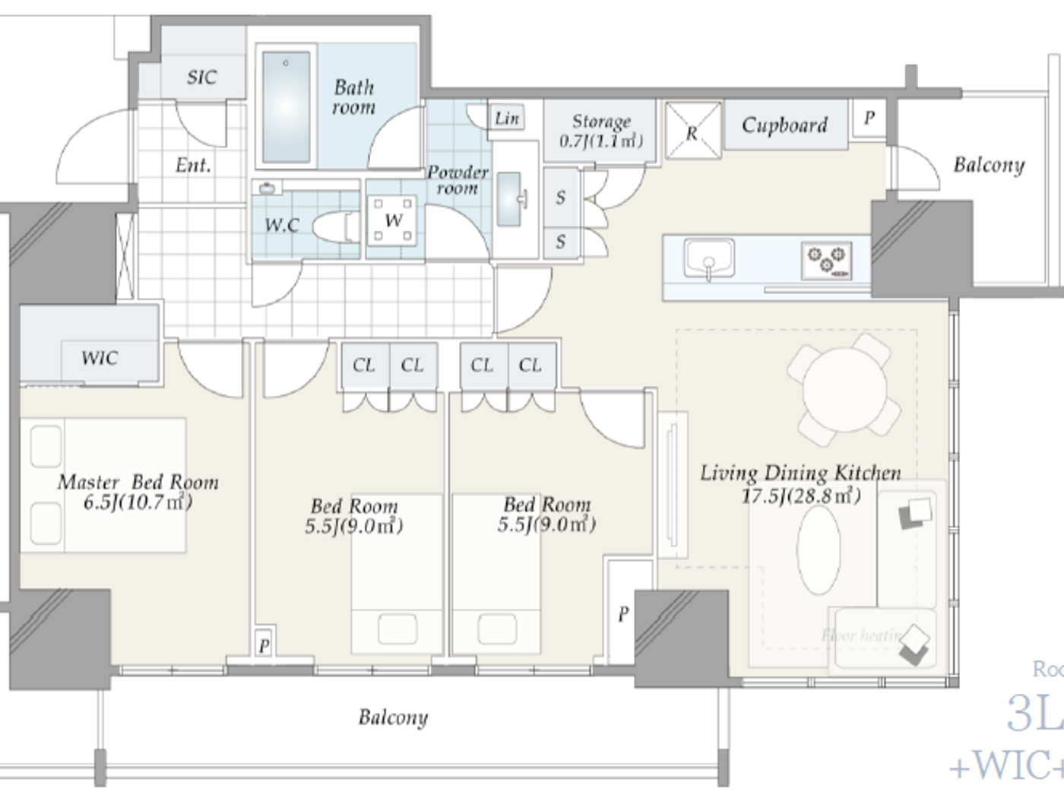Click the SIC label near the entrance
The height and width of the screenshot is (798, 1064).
coord(201,77)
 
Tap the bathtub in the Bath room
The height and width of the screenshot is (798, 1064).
coord(286,106)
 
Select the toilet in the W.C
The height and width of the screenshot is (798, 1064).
coord(337,226)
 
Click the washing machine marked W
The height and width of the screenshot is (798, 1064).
coord(393,220)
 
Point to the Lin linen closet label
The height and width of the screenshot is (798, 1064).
coord(507,118)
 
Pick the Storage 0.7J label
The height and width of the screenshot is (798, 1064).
coord(601,131)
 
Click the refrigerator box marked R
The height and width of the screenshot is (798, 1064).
coord(692,131)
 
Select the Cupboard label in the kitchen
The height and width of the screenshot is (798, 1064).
coord(784,125)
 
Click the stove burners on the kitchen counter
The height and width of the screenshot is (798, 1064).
coord(827,259)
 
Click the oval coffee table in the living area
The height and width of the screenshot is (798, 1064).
coord(819,550)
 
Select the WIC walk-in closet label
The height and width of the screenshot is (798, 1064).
coord(100,358)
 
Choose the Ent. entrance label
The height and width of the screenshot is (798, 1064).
coord(193,165)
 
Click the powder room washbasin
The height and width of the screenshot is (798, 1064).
coord(509,199)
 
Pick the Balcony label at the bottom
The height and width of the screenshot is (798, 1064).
coord(393,717)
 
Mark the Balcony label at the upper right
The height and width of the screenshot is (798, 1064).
coord(989,165)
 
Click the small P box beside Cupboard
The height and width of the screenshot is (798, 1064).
coord(869,118)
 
